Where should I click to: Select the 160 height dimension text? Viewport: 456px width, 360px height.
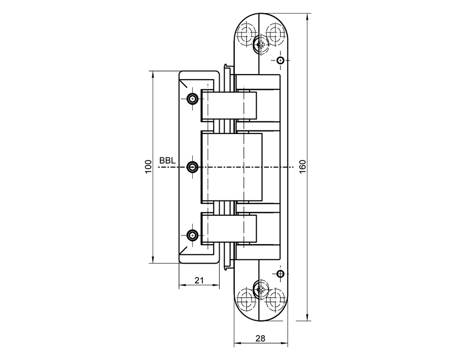pyautogui.click(x=303, y=167)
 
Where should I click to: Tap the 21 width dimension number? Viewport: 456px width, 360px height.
pyautogui.click(x=199, y=280)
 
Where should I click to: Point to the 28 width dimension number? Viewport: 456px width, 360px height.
pyautogui.click(x=261, y=338)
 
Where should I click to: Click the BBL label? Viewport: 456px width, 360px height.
pyautogui.click(x=167, y=161)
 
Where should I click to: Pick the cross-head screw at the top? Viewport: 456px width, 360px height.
pyautogui.click(x=262, y=45)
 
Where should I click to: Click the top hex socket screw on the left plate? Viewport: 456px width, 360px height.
pyautogui.click(x=193, y=99)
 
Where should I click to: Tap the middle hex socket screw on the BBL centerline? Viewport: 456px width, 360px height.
pyautogui.click(x=193, y=167)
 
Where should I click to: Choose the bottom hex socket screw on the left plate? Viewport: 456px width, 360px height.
pyautogui.click(x=193, y=235)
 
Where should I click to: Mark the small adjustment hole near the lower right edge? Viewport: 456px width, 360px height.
pyautogui.click(x=280, y=274)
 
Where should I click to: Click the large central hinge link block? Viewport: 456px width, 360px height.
pyautogui.click(x=232, y=167)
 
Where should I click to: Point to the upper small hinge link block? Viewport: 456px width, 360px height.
pyautogui.click(x=229, y=106)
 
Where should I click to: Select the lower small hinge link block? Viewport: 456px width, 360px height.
pyautogui.click(x=229, y=230)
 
